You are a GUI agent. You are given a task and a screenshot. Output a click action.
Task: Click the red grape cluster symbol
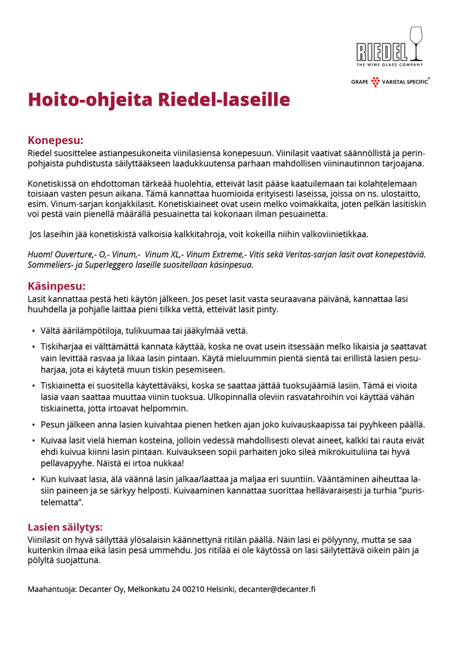[x=375, y=82]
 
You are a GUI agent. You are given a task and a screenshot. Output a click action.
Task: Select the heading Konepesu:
[x=55, y=141]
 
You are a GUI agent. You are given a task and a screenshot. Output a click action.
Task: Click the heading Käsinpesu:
[x=56, y=286]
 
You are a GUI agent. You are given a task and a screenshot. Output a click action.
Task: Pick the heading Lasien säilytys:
[x=65, y=527]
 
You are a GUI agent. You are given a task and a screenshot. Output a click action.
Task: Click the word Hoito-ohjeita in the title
[x=90, y=99]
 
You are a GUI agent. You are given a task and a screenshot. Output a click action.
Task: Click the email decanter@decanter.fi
[x=276, y=589]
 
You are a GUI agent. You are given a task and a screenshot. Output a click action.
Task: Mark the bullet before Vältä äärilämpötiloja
[x=33, y=331]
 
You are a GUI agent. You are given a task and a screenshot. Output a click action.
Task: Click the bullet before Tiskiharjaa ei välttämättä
[x=33, y=346]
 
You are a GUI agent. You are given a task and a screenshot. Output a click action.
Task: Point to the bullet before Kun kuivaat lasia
[x=33, y=480]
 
